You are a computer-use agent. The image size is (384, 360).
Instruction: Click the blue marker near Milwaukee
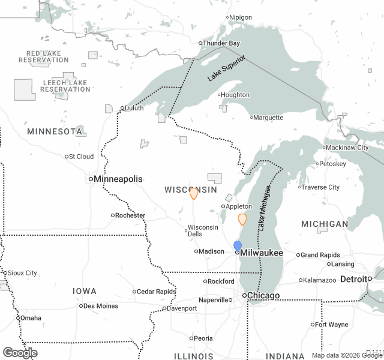tap(238, 246)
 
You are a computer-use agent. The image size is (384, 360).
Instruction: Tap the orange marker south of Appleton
tap(242, 219)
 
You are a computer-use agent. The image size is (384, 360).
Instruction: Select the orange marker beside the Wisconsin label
tap(194, 193)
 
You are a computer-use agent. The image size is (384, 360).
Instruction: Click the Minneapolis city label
tap(118, 179)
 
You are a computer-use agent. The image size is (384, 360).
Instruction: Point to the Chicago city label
tap(264, 296)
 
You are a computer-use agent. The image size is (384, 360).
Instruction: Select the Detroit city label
tap(354, 279)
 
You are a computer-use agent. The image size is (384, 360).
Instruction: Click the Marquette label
tap(268, 118)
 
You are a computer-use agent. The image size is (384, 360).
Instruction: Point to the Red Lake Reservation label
tap(44, 57)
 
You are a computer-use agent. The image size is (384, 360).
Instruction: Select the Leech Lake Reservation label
tap(65, 86)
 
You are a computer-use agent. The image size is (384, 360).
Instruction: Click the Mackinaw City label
tap(347, 148)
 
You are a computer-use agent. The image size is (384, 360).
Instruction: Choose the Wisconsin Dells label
tap(203, 230)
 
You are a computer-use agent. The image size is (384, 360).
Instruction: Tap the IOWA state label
tap(84, 291)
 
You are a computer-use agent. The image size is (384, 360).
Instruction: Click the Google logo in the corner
tap(20, 353)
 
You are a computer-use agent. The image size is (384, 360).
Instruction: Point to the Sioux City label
tap(23, 273)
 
